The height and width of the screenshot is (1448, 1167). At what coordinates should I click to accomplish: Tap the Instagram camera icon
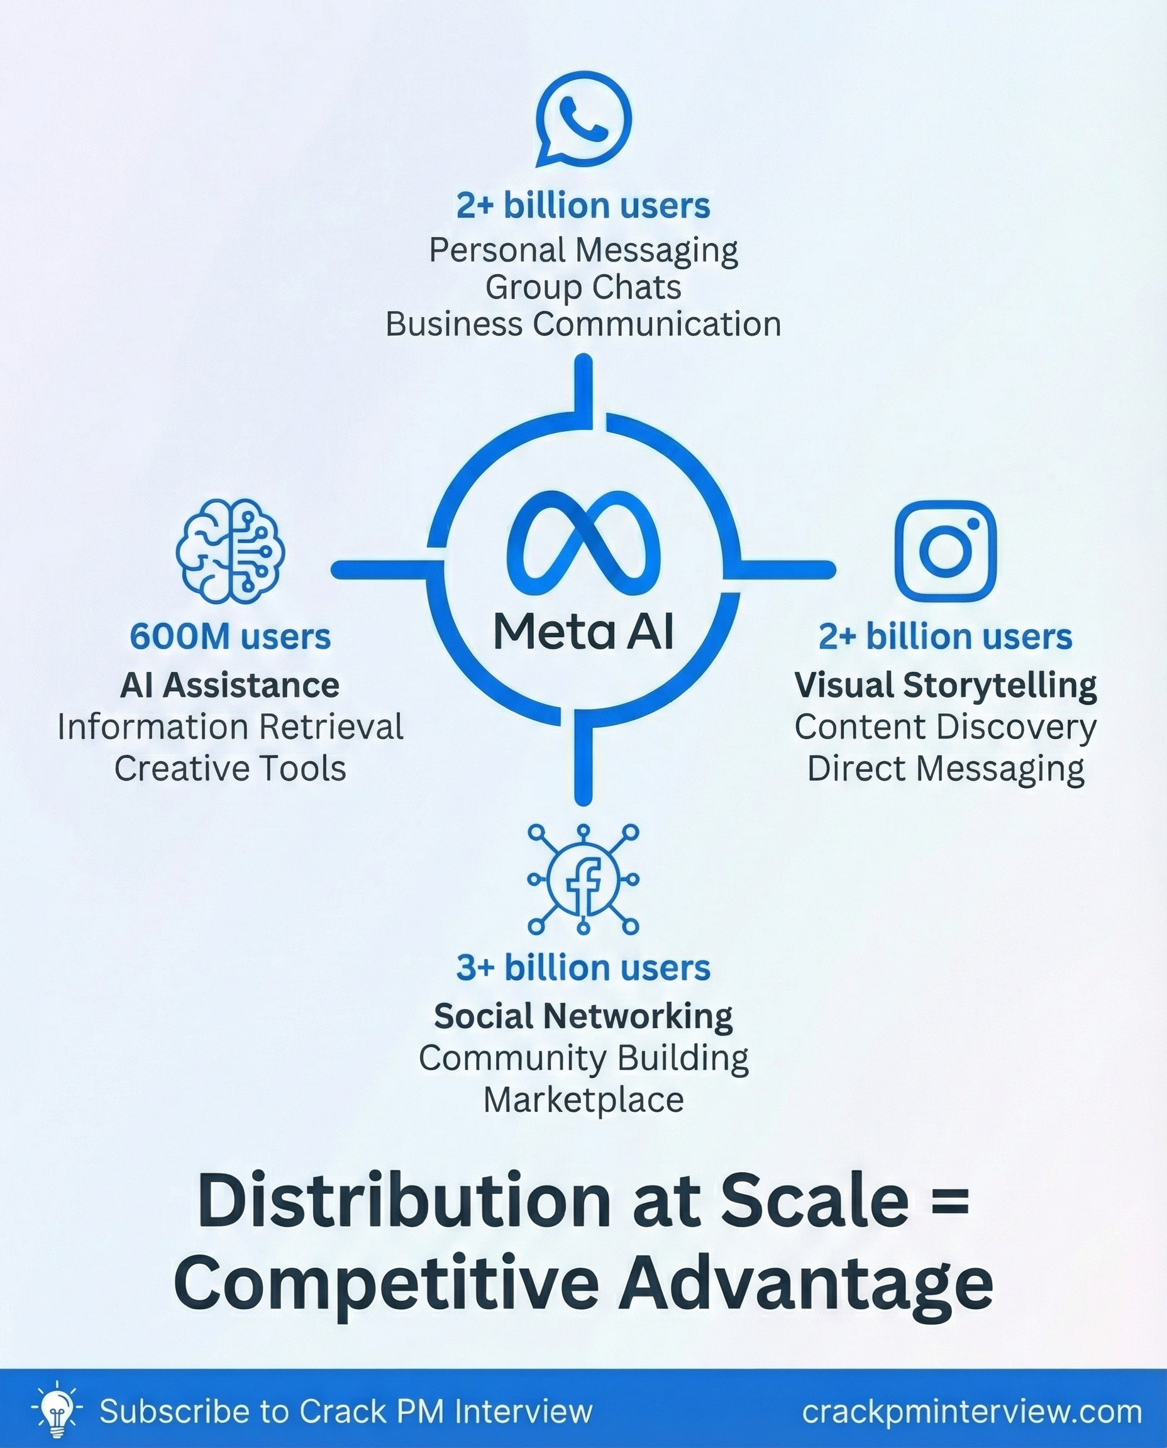point(945,551)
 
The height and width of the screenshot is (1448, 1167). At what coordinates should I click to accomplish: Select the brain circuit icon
point(231,551)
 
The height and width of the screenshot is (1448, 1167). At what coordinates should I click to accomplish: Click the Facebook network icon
point(583,879)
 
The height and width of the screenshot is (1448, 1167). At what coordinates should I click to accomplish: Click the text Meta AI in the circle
point(583,632)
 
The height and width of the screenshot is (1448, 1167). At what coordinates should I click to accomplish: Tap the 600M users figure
point(230,636)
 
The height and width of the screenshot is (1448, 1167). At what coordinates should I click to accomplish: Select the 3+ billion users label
point(583,968)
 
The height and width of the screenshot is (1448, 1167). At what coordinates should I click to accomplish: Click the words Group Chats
point(583,288)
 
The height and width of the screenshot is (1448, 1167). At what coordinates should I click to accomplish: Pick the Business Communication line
point(583,324)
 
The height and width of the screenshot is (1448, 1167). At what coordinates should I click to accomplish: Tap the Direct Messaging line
point(945,769)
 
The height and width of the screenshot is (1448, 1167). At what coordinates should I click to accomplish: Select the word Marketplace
point(583,1100)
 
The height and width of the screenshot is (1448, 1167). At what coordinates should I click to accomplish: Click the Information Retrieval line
point(230,727)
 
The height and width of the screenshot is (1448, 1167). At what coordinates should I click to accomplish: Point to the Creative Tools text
point(230,769)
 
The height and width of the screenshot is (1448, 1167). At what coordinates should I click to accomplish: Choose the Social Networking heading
point(583,1016)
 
